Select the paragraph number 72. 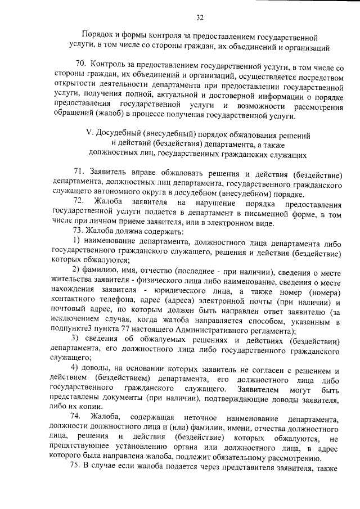point(79,201)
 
